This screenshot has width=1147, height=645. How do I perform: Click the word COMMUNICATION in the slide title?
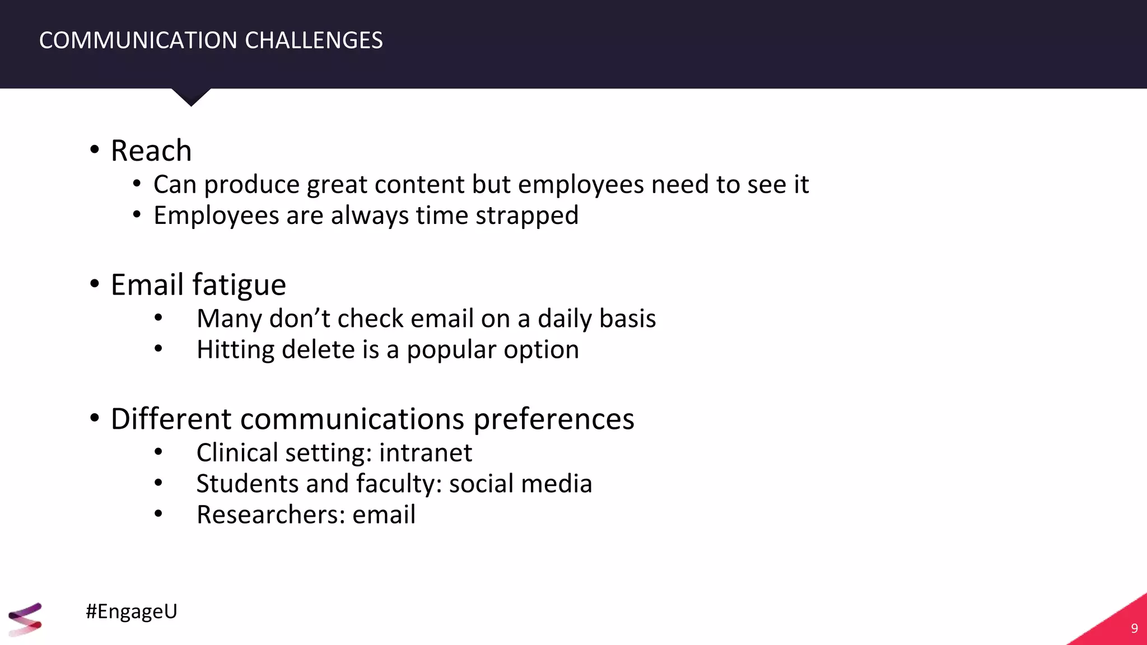[138, 41]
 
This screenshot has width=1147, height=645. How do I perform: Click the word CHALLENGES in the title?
[314, 41]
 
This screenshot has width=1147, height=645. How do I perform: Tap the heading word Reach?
[151, 151]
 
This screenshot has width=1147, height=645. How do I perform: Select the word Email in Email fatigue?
[147, 284]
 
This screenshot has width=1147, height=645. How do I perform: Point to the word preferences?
[554, 419]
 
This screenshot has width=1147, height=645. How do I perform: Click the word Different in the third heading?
[171, 419]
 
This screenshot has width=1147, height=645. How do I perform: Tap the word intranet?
[426, 452]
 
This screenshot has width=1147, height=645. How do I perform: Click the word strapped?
[527, 216]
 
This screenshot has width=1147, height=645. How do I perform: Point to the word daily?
[565, 319]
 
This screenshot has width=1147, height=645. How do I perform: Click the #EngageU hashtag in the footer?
[132, 611]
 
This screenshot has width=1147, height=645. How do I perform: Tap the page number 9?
[1134, 628]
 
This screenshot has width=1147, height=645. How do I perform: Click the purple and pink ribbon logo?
[25, 619]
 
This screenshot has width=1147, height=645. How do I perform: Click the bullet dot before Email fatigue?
[95, 284]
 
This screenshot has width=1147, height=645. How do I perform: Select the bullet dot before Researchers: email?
[158, 513]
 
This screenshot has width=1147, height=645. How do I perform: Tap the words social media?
[520, 484]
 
